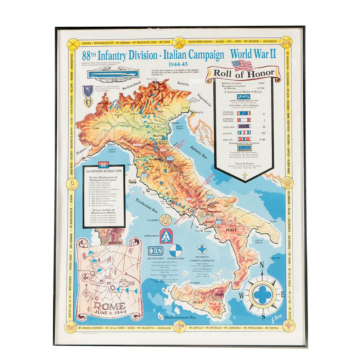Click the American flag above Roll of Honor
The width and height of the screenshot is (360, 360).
click(242, 65)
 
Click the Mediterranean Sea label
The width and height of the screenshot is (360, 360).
click(179, 318)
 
